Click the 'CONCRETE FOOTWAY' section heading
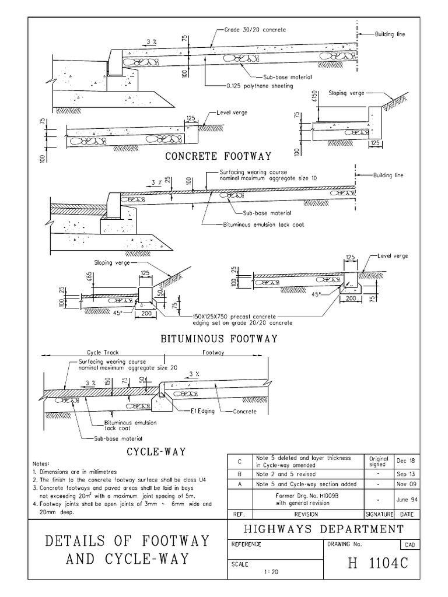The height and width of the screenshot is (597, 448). pyautogui.click(x=219, y=156)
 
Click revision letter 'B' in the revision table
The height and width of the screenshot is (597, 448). pyautogui.click(x=239, y=475)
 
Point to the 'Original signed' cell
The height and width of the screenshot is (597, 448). pyautogui.click(x=379, y=461)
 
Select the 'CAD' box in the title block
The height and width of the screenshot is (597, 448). pyautogui.click(x=409, y=545)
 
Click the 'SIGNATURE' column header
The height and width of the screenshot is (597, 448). pyautogui.click(x=379, y=515)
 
